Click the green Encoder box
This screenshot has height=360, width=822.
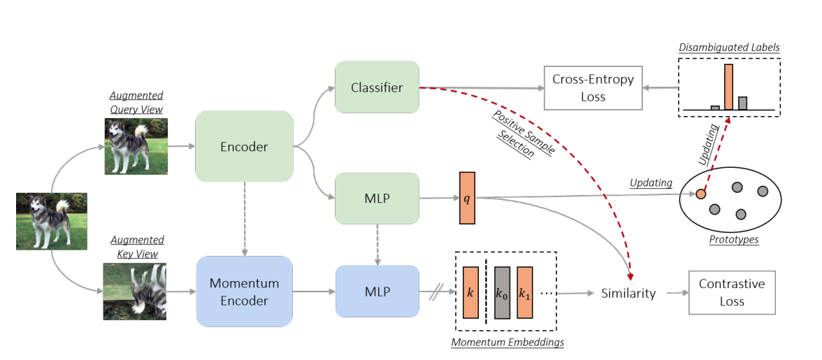[x=244, y=147]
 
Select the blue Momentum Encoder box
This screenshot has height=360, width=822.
[x=244, y=291]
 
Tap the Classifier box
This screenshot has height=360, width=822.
[x=377, y=87]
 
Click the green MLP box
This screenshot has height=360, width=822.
[x=377, y=199]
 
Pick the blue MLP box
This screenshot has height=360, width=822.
[x=377, y=291]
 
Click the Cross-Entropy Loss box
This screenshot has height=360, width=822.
[x=593, y=87]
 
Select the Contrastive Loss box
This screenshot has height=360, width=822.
[x=732, y=292]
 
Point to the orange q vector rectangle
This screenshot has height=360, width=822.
[x=467, y=198]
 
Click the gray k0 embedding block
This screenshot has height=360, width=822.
[x=503, y=291]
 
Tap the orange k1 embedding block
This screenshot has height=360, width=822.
[x=525, y=291]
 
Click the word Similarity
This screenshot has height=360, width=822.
[x=628, y=294]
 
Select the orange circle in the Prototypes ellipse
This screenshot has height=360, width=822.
[x=700, y=194]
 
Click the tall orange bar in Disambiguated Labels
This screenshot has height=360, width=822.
[x=728, y=87]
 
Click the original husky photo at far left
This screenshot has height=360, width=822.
[x=52, y=221]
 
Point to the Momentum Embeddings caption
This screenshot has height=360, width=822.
[x=507, y=343]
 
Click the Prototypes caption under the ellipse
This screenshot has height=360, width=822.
[x=733, y=240]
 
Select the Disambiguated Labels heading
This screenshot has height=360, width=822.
[x=729, y=48]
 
